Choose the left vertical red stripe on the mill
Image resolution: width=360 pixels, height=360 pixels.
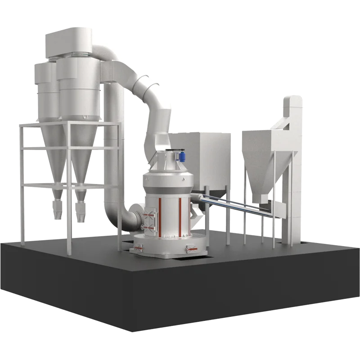pyautogui.click(x=159, y=216)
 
